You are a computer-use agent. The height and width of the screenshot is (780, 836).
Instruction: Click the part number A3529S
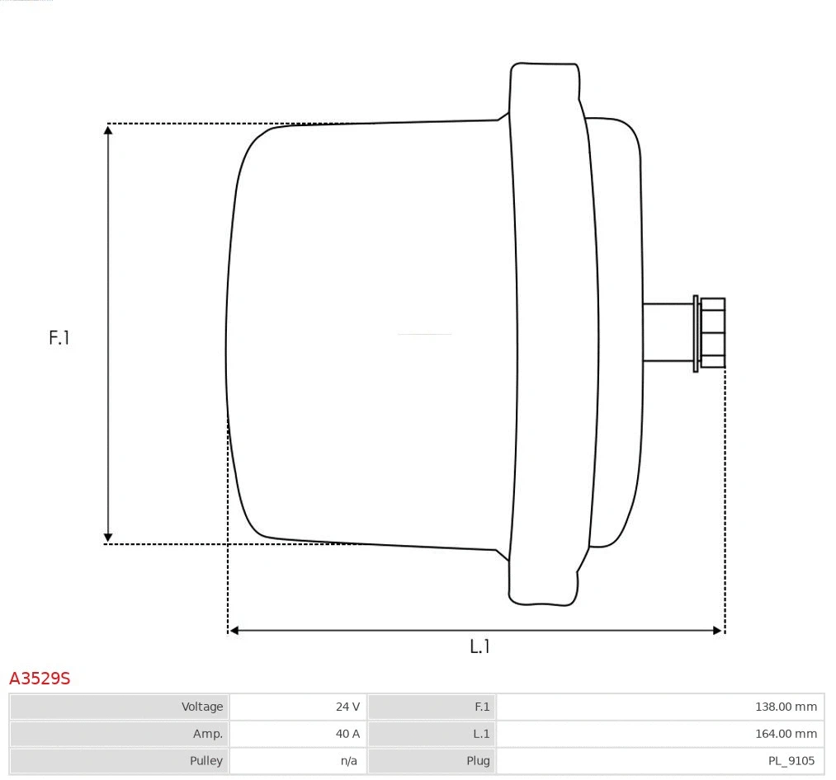tap(40, 679)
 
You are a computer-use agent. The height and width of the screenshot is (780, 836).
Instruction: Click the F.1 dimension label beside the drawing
tap(59, 337)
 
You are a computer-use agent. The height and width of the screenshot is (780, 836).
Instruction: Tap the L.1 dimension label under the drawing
tap(479, 646)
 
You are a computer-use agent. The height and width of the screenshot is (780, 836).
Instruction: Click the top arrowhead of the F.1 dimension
tap(108, 129)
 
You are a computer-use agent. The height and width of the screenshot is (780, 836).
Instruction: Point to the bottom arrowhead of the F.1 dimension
tap(108, 538)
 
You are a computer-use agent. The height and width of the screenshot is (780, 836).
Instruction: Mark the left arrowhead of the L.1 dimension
tap(234, 631)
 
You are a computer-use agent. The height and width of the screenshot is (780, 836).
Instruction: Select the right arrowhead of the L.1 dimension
tap(718, 631)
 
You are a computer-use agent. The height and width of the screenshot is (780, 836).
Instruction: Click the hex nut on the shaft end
tap(712, 332)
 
